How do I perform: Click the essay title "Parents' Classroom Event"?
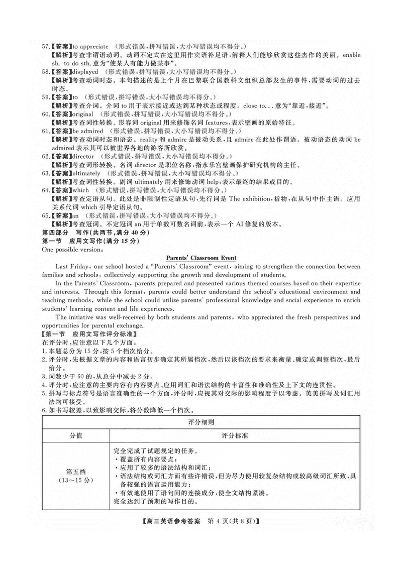[x=200, y=258]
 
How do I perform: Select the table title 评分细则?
[x=201, y=423]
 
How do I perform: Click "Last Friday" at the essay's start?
[x=72, y=266]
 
